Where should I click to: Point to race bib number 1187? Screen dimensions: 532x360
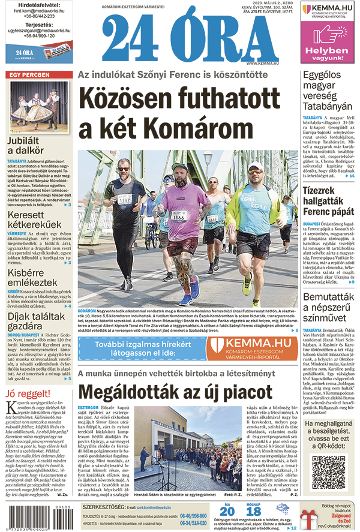(124, 199)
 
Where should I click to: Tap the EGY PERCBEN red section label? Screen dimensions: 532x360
(28, 75)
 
